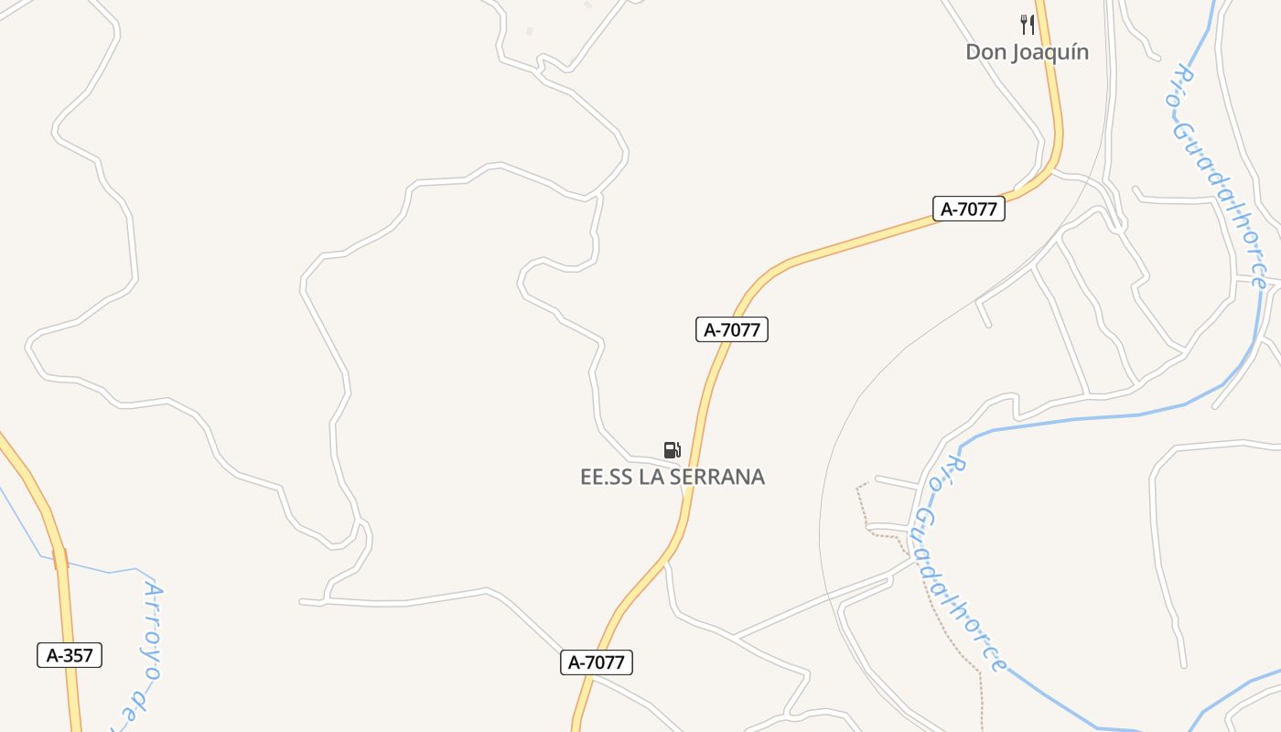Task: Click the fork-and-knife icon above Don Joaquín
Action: tap(1028, 25)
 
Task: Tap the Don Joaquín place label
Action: tap(1027, 52)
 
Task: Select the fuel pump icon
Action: tap(673, 449)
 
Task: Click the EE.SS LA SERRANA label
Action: tap(673, 477)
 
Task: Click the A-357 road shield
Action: tap(70, 655)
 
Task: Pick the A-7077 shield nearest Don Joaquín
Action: tap(969, 209)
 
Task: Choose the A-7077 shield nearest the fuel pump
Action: tap(731, 329)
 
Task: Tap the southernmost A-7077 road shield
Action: tap(597, 662)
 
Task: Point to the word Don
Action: tap(985, 52)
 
